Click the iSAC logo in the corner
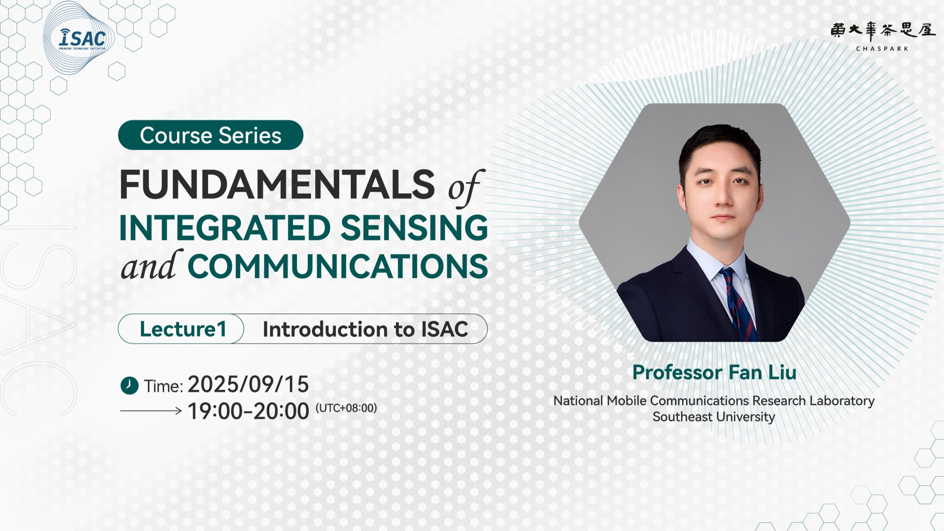tap(82, 39)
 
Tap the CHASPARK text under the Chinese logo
tap(882, 49)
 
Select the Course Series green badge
tap(211, 135)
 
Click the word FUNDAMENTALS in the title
tap(277, 184)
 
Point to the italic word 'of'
tap(465, 188)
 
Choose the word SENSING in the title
tap(414, 228)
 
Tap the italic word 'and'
tap(152, 265)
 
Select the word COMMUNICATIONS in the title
tap(338, 266)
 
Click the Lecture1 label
tap(183, 329)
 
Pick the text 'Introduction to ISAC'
tap(365, 329)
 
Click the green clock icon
tap(129, 386)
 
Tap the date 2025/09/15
tap(248, 384)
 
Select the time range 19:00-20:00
tap(248, 411)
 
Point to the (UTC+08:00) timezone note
tap(346, 408)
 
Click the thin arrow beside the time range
tap(151, 410)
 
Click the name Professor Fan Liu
tap(714, 372)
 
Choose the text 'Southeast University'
tap(714, 417)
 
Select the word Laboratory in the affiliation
tap(842, 401)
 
